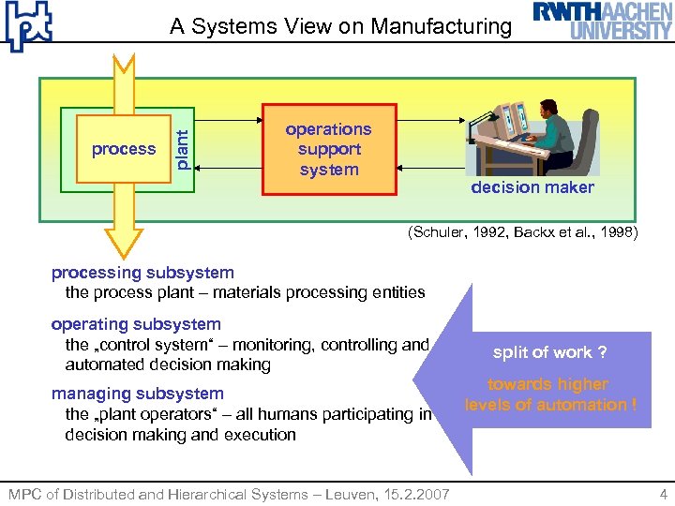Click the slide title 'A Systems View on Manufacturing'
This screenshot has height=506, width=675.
[x=340, y=26]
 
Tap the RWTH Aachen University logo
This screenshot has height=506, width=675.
[x=602, y=21]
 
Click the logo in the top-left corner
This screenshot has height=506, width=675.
[x=28, y=26]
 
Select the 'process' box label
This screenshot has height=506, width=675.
[x=123, y=149]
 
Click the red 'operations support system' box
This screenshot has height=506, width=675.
[x=329, y=149]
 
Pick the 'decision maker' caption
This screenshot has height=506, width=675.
[x=532, y=187]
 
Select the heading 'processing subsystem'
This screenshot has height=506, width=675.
[x=142, y=273]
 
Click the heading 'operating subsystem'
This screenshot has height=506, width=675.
[x=136, y=324]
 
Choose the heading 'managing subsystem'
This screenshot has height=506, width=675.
[x=137, y=394]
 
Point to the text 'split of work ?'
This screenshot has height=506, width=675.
[x=549, y=352]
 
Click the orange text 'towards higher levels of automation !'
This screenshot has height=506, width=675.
[x=550, y=394]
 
